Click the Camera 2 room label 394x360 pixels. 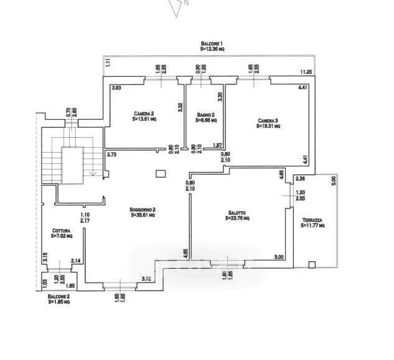[144, 114]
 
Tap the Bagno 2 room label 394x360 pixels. [206, 115]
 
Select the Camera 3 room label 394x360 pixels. [268, 120]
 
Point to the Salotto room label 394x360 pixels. [237, 212]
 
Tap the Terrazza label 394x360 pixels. [313, 221]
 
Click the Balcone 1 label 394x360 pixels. [211, 42]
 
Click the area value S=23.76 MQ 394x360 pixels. [237, 218]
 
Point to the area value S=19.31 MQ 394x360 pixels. [268, 126]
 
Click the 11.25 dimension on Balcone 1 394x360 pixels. [305, 72]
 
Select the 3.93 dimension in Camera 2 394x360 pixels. [116, 89]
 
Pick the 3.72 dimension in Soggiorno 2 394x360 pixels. [147, 279]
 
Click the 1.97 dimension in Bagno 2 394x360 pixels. [218, 145]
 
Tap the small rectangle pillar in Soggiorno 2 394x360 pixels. [160, 174]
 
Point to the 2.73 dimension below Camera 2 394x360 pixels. [112, 155]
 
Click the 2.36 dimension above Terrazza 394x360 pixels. [300, 179]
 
